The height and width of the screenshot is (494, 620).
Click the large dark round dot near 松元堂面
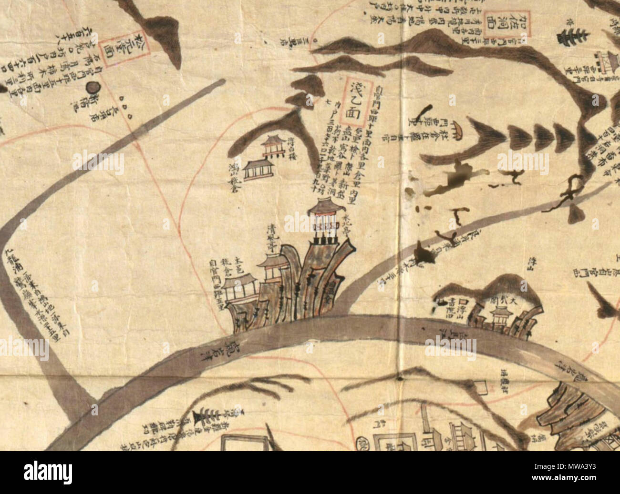pos(92,88)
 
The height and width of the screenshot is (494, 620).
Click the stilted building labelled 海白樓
pos(272,145)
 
